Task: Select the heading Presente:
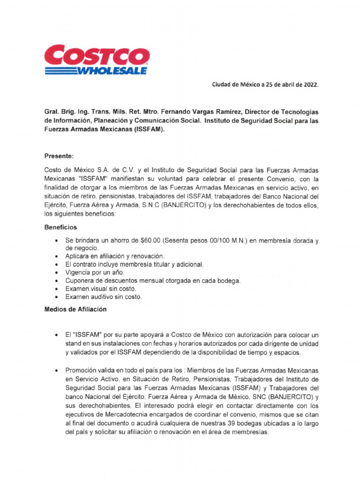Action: [x=59, y=155]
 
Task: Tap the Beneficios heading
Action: [x=60, y=227]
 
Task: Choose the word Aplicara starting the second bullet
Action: [x=78, y=256]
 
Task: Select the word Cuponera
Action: [x=81, y=280]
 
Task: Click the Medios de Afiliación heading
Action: [x=75, y=309]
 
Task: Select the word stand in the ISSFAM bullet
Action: [x=74, y=344]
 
